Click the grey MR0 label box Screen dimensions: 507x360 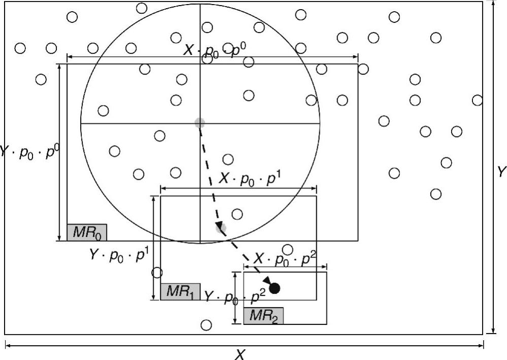coord(87,232)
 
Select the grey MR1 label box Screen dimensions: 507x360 coord(181,291)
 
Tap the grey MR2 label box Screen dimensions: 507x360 coord(263,315)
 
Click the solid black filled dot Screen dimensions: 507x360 coord(275,288)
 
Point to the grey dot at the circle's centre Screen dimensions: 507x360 coord(199,122)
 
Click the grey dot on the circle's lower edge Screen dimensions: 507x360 coord(220,228)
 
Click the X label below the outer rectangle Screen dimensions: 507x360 coord(241,354)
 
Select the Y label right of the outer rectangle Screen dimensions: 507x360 coord(501,172)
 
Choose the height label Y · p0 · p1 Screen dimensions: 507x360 coord(118,255)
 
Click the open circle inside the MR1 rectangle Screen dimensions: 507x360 coord(237,214)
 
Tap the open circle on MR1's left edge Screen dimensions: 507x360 coord(157,273)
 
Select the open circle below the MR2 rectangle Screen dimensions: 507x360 coord(206,325)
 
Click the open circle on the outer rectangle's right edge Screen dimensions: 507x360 coord(477,100)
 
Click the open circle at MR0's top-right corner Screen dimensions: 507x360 coord(363,69)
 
